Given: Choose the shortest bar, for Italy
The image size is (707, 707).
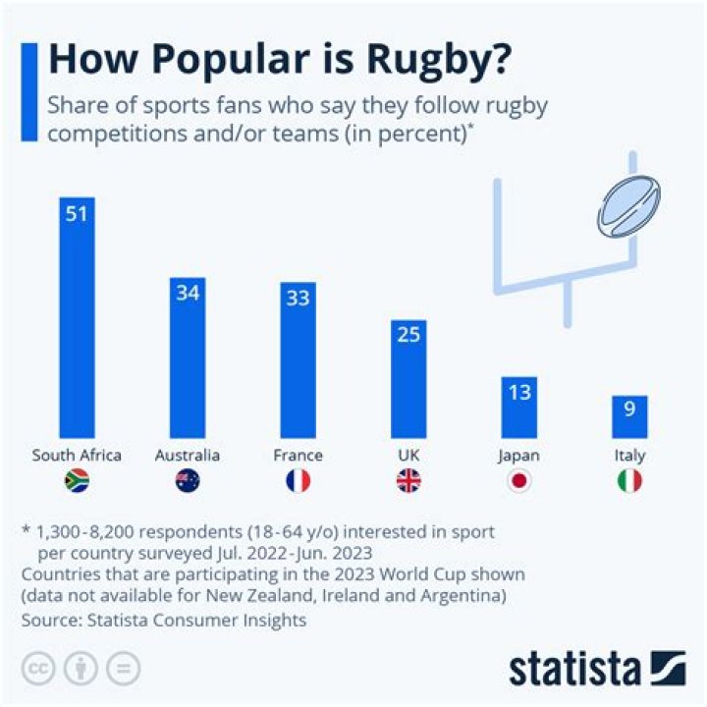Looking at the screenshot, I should (629, 416).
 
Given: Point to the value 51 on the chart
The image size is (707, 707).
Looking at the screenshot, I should (77, 212).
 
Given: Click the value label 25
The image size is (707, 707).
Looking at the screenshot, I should (408, 335).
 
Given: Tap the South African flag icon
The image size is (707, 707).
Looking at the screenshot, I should (77, 480).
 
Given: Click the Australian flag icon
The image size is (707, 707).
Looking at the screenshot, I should (188, 480).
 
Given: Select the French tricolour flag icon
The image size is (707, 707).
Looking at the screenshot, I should (298, 480).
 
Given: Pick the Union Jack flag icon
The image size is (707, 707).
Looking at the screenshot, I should (408, 480).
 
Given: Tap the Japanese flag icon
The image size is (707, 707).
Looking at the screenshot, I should (519, 480).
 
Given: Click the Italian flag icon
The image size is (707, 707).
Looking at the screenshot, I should (629, 480).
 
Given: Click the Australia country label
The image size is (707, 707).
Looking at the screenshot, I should (188, 456).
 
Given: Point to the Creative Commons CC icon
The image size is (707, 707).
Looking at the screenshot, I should (39, 668).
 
